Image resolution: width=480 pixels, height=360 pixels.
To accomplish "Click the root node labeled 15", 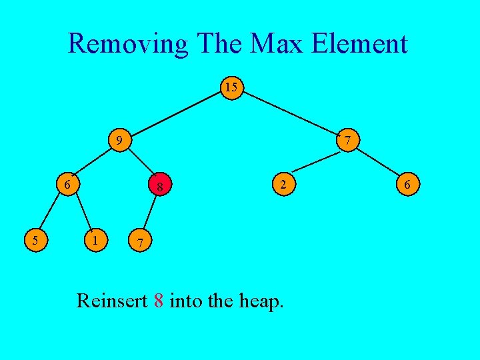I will [231, 88].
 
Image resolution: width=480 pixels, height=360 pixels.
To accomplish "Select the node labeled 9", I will [119, 141].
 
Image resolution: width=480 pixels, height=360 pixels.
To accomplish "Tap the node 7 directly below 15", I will [348, 141].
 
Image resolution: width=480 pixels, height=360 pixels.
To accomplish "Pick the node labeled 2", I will [283, 184].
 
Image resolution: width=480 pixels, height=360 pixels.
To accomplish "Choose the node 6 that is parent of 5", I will [68, 184].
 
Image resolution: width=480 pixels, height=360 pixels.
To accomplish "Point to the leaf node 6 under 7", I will [408, 184].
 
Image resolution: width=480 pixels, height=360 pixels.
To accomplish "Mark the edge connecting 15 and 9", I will [175, 114].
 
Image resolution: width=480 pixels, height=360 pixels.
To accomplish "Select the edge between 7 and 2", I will [315, 162].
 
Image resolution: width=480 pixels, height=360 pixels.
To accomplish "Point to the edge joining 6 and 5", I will [50, 213].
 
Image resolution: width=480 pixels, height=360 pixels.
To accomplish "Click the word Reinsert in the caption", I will [111, 301].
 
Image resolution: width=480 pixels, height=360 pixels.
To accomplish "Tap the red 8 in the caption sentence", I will [158, 301].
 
